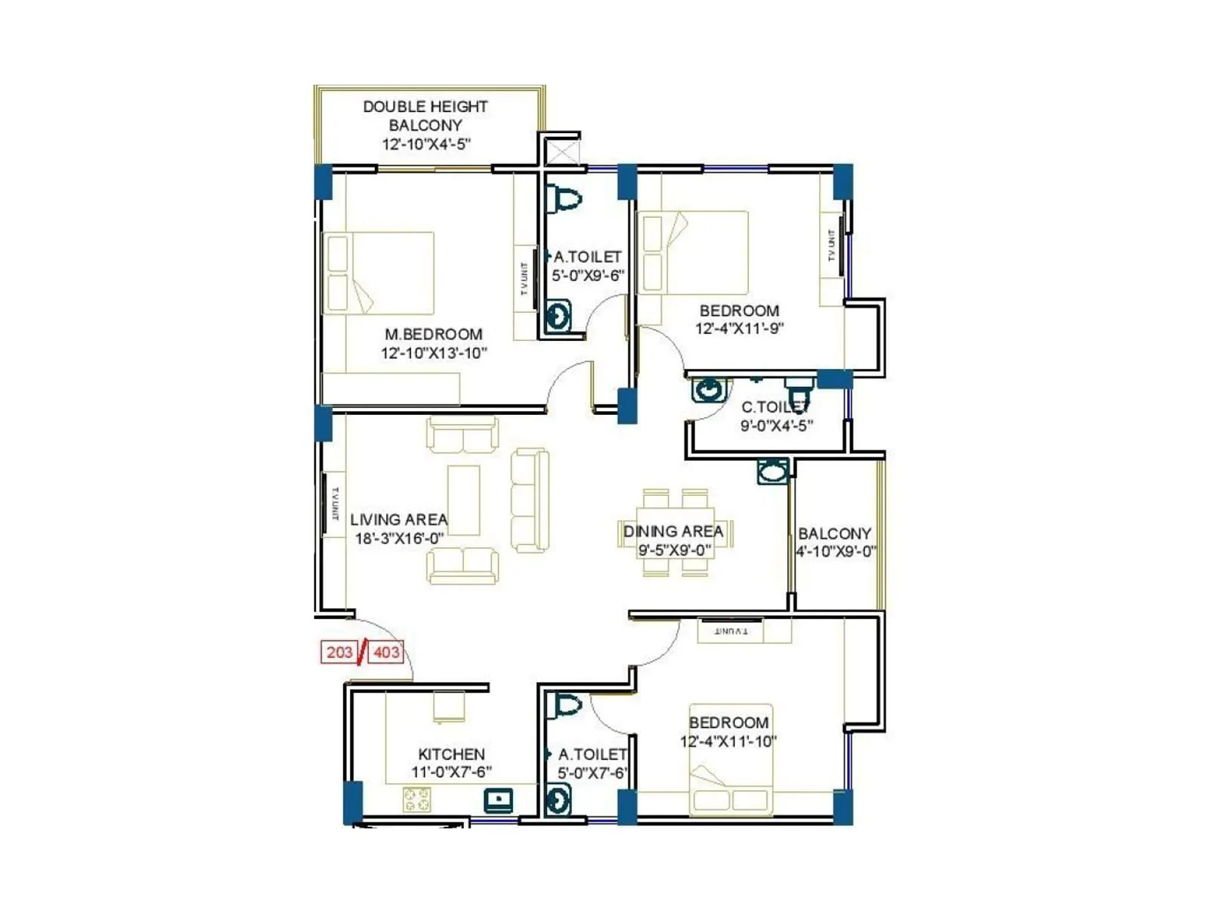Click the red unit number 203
339,652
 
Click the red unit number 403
385,652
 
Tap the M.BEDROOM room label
433,334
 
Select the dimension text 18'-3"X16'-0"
399,539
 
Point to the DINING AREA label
673,531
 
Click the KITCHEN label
451,754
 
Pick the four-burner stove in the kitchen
416,799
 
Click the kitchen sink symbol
499,799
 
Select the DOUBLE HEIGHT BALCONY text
425,116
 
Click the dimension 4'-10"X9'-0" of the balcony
836,552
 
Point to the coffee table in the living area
463,500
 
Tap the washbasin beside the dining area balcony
773,472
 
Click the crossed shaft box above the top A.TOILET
563,151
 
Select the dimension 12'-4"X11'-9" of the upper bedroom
739,329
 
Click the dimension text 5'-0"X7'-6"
592,773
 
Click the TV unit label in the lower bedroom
731,630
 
